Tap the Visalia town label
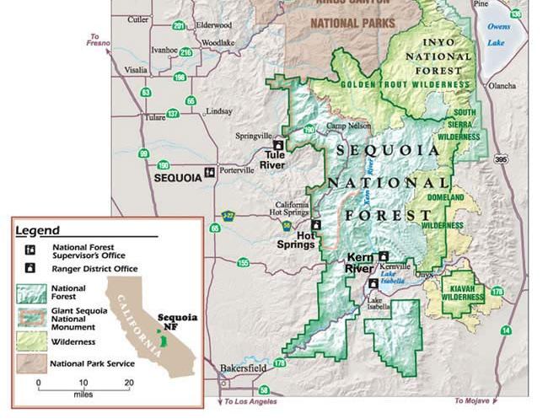tap(136, 70)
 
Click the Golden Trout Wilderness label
tap(405, 85)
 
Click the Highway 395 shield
tap(501, 158)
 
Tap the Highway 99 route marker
tap(144, 153)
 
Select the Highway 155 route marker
tap(243, 263)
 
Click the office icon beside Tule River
tap(277, 145)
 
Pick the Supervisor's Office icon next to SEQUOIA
tap(209, 172)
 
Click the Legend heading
tap(38, 230)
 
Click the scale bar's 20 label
tap(129, 383)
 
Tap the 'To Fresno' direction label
tap(99, 40)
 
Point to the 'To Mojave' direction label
tap(472, 400)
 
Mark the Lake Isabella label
tap(379, 304)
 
